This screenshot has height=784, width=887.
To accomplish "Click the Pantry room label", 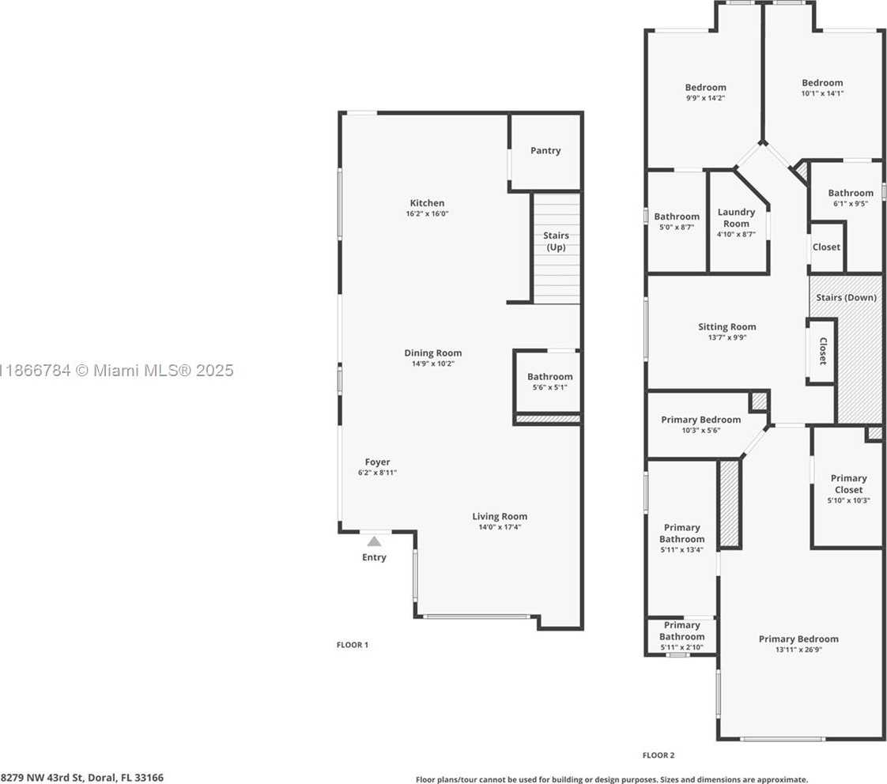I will pos(545,150).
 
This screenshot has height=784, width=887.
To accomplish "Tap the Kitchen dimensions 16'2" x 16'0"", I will pos(427,214).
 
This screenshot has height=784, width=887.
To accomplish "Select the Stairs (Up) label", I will pos(555,241).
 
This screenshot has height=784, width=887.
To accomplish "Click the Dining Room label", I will pos(432,353).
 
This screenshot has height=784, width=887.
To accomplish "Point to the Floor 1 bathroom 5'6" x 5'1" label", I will pos(549,382).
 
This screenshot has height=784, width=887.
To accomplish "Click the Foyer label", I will pos(377,462).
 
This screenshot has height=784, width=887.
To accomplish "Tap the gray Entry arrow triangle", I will pos(374,541).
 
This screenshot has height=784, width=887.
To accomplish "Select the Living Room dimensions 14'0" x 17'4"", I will pos(500,527).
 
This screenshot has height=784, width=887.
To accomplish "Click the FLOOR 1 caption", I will pos(353,645).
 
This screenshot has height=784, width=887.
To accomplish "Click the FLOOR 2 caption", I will pos(658,756).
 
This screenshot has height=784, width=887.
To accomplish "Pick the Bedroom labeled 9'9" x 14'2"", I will pos(705,92).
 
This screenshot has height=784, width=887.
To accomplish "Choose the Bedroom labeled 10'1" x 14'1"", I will pos(822,88).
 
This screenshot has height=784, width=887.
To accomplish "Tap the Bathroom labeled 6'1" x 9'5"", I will pos(850,198).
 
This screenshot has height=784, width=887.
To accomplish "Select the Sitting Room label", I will pos(727,331).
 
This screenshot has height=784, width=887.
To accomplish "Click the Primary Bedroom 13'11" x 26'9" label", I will pos(798,644).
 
